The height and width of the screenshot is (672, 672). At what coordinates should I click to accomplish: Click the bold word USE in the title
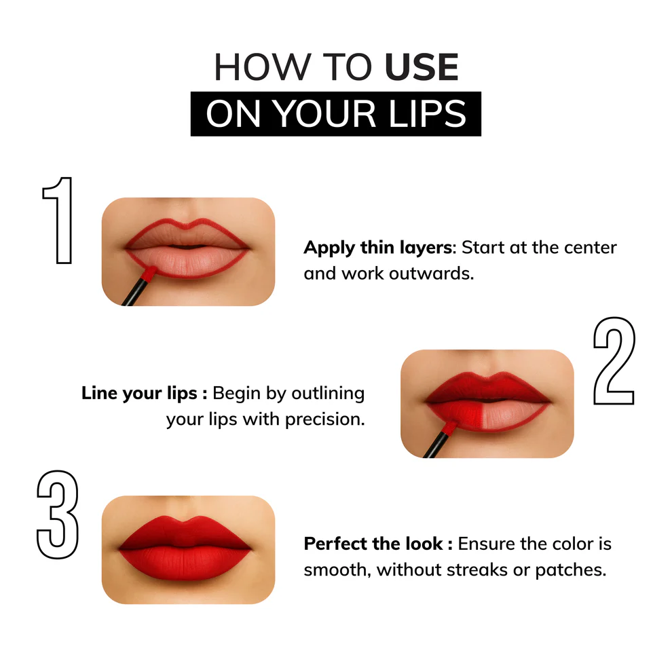(422, 67)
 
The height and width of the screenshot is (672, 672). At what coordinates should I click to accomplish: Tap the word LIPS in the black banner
(427, 114)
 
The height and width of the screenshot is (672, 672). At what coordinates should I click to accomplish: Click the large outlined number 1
(58, 221)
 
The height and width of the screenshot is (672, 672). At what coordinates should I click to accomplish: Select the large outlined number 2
(614, 361)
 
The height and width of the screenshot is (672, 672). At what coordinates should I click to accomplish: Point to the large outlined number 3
(58, 515)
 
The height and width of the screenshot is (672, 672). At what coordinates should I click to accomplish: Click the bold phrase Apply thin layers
(377, 248)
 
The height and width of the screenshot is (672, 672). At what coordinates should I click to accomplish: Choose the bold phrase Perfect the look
(373, 544)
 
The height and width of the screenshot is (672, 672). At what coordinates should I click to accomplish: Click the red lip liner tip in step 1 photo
(149, 273)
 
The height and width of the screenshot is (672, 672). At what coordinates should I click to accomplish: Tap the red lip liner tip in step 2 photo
(449, 427)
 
